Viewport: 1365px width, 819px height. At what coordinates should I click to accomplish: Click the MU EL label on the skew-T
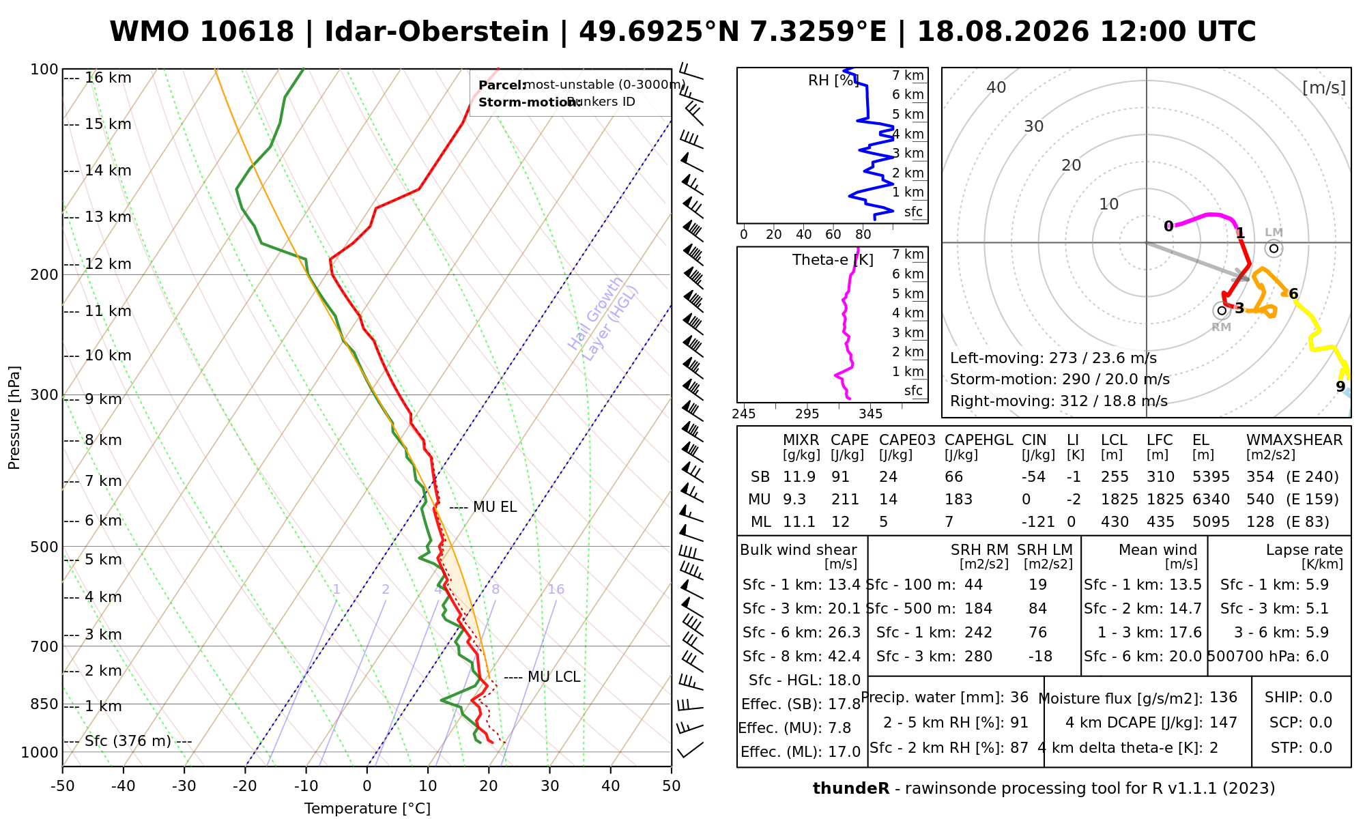tap(495, 507)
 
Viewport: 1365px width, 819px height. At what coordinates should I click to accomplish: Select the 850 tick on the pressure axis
tap(44, 704)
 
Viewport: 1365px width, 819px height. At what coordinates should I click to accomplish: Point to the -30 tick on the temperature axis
tap(184, 786)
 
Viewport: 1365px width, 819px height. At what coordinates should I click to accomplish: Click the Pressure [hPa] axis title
tap(14, 418)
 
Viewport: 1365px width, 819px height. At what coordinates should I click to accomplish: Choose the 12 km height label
tap(108, 264)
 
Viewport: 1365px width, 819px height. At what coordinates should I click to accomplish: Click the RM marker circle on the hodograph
tap(1222, 311)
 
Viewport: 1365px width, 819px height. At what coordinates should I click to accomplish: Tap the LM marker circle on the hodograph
tap(1274, 248)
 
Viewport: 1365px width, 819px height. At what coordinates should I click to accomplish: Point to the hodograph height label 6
tap(1293, 294)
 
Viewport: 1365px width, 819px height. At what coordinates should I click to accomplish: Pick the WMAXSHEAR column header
tap(1294, 440)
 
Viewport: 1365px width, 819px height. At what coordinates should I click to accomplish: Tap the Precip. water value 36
tap(1019, 698)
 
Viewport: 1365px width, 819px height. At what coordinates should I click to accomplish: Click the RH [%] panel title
tap(833, 81)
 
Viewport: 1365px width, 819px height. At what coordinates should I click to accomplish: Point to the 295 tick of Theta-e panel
tap(807, 414)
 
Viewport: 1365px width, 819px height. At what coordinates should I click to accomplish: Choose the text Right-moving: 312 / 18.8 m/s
tap(1059, 401)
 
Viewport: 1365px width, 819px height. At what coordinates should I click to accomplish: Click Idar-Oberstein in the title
tap(437, 32)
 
